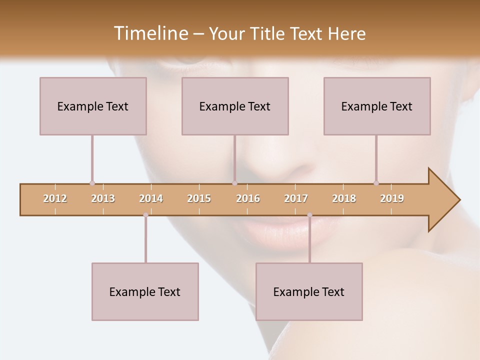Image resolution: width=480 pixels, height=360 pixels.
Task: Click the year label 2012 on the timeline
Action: click(x=55, y=198)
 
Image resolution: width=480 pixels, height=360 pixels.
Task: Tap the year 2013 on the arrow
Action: click(x=103, y=198)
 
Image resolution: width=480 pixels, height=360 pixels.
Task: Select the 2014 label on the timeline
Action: click(x=151, y=198)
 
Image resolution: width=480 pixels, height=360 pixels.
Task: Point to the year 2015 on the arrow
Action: click(x=199, y=198)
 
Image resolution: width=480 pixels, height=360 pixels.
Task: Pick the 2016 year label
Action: click(x=248, y=198)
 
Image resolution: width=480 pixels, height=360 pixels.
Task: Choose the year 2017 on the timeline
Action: click(x=296, y=198)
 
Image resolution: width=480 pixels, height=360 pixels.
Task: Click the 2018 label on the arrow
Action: click(x=344, y=198)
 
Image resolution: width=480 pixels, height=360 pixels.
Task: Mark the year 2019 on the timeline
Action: click(x=392, y=198)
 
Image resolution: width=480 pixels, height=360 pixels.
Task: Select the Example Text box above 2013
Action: click(x=93, y=106)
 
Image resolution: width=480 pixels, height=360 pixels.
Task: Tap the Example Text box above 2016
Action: click(x=235, y=106)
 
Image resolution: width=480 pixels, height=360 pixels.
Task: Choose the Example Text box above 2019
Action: click(x=377, y=106)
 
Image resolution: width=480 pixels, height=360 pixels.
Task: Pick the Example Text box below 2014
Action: click(x=145, y=291)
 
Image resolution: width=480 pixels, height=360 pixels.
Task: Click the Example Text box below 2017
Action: click(x=309, y=291)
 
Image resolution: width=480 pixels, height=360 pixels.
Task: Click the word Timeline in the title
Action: click(x=150, y=33)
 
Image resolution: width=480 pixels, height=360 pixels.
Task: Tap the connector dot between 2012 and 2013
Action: click(x=92, y=183)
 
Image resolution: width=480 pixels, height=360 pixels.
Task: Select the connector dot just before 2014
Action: click(x=145, y=215)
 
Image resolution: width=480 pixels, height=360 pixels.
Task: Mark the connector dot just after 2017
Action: click(x=309, y=215)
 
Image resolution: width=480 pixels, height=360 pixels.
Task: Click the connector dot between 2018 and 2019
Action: click(x=376, y=183)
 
